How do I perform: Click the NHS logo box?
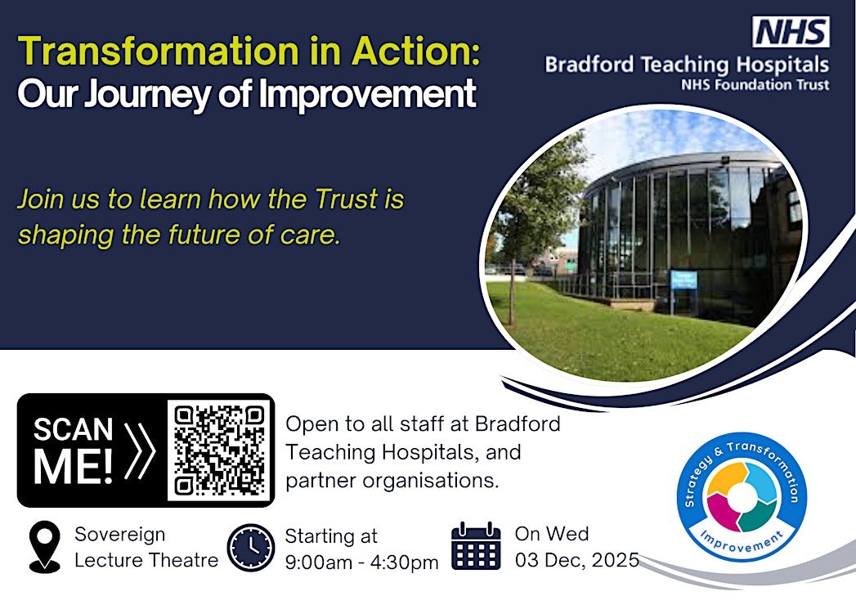tap(791, 32)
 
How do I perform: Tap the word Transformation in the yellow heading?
tap(159, 51)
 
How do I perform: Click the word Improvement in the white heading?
tap(367, 93)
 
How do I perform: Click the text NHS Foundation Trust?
tap(755, 85)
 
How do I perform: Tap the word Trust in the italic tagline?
tap(347, 199)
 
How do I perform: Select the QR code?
tap(219, 450)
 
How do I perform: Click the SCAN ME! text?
tap(73, 451)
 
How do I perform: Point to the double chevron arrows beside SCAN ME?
tap(140, 451)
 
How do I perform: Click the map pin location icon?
tap(45, 546)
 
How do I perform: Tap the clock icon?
tap(250, 548)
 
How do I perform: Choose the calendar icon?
tap(476, 546)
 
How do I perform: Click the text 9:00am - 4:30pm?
tap(361, 562)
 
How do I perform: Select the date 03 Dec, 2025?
tap(577, 560)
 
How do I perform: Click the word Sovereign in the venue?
tap(119, 535)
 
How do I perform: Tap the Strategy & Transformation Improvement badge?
tap(742, 496)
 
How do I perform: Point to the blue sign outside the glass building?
tap(683, 280)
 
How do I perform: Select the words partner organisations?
tap(392, 481)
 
